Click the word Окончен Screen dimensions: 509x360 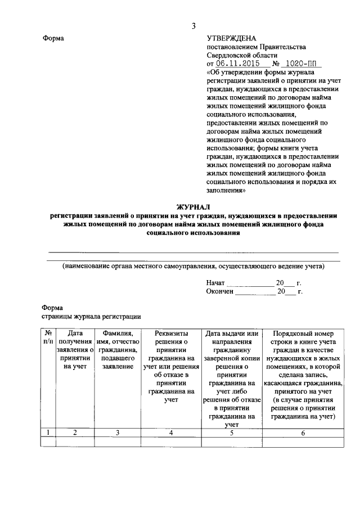219,291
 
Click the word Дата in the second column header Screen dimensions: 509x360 75,334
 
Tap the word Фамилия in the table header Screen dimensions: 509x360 118,334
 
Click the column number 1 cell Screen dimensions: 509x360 48,433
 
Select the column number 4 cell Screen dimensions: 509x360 172,433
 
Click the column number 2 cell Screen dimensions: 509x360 75,433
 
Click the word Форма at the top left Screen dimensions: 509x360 53,38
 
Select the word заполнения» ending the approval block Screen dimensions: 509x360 226,191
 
